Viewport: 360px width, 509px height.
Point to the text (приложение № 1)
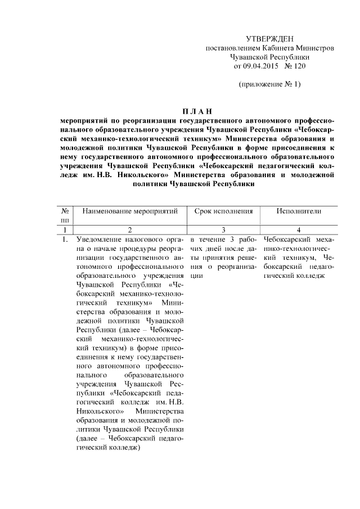pyautogui.click(x=270, y=84)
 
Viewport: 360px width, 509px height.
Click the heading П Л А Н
pyautogui.click(x=197, y=111)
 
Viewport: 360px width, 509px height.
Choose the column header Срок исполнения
pyautogui.click(x=223, y=211)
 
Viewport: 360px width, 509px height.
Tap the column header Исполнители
pyautogui.click(x=298, y=211)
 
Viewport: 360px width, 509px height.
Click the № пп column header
pyautogui.click(x=65, y=215)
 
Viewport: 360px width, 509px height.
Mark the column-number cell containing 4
pyautogui.click(x=298, y=229)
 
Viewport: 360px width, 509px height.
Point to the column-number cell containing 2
pyautogui.click(x=130, y=229)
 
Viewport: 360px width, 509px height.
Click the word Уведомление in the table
pyautogui.click(x=100, y=240)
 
